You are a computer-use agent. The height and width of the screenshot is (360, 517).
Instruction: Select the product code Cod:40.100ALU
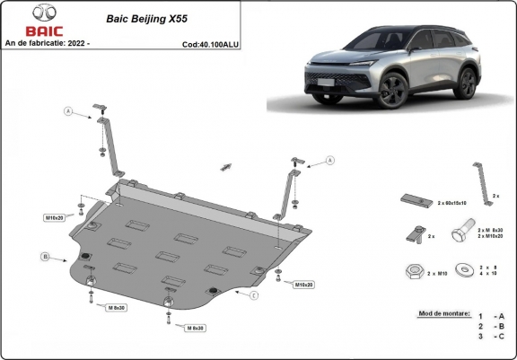point(210,43)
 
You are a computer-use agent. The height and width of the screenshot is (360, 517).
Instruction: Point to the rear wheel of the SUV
point(466,82)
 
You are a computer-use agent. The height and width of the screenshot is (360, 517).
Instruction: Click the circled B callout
point(45,258)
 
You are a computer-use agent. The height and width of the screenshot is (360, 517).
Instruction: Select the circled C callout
point(254,295)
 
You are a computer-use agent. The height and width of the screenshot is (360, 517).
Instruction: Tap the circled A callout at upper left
point(66,112)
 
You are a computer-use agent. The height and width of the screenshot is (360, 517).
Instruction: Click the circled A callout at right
point(329,160)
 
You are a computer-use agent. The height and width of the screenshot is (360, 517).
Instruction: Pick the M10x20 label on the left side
point(56,218)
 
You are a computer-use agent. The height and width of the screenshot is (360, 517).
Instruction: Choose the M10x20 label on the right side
point(303,285)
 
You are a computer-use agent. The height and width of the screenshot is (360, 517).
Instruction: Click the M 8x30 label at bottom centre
point(196,329)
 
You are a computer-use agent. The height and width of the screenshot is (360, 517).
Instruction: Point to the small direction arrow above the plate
point(225,167)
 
